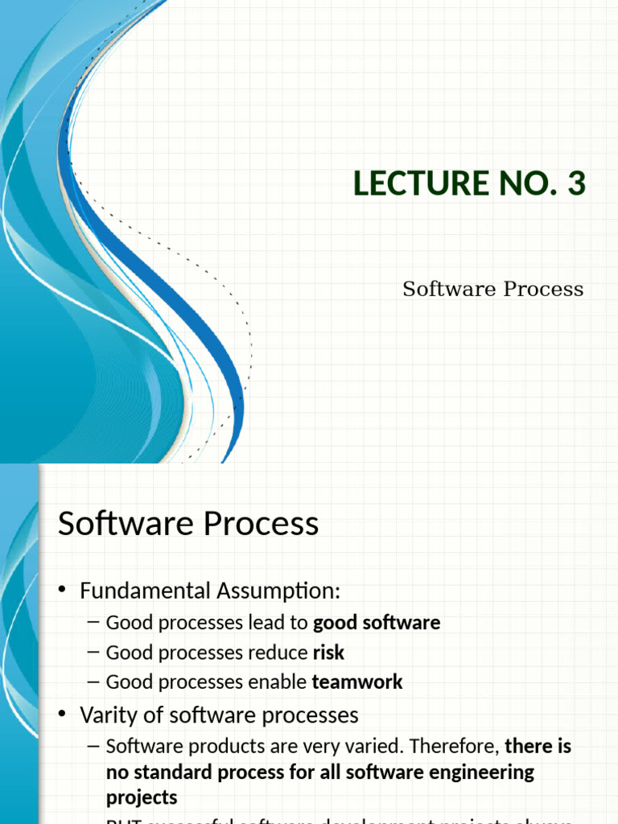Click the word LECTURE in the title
(408, 184)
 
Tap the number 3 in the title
(576, 184)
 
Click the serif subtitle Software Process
(492, 290)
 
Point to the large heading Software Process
(188, 524)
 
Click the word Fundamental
(145, 591)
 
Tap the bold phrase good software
(377, 623)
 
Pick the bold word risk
(328, 653)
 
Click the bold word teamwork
(357, 682)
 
